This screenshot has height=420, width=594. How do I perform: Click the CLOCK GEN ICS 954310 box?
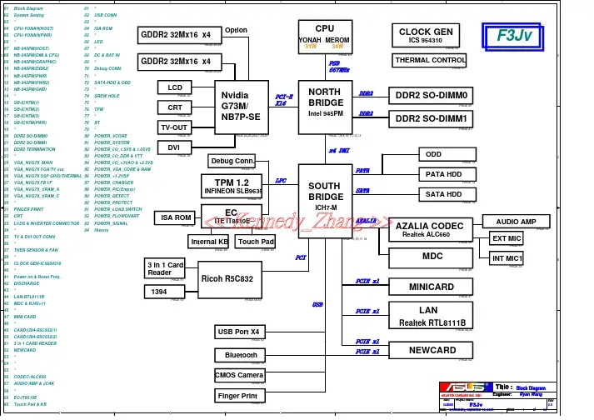pos(426,35)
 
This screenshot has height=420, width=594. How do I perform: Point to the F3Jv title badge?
pos(510,36)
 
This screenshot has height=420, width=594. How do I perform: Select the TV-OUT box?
pos(175,127)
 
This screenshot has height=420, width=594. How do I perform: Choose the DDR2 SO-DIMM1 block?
pos(432,118)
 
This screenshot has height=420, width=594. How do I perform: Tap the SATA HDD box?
pos(443,194)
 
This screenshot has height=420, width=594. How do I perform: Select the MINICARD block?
pos(432,287)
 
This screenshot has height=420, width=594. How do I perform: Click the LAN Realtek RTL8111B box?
pos(432,316)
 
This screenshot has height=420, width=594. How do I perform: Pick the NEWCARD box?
pos(432,351)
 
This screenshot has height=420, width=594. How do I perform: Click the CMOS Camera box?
pos(239,375)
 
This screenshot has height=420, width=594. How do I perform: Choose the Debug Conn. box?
pos(232,161)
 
